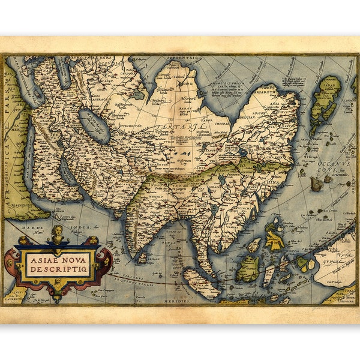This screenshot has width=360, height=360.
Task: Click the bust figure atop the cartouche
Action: point(58,233)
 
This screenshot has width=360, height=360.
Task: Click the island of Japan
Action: point(326,99)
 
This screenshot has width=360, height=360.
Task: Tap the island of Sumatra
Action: point(202,283)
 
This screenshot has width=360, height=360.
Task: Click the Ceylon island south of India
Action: point(142,258)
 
